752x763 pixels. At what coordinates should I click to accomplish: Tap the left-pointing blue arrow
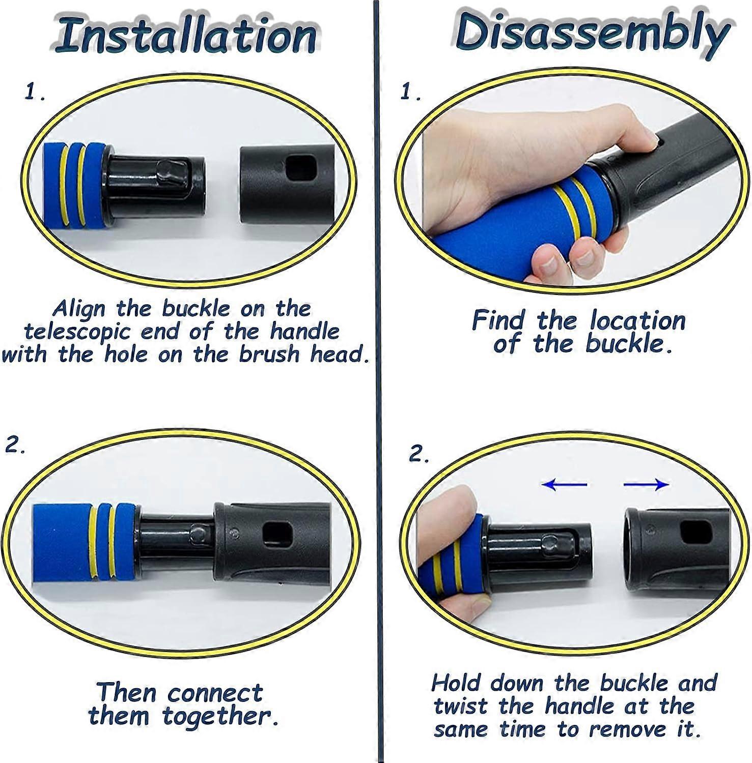[564, 484]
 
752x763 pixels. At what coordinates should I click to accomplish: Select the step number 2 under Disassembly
[419, 454]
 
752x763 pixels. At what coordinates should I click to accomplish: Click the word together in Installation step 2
[220, 716]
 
